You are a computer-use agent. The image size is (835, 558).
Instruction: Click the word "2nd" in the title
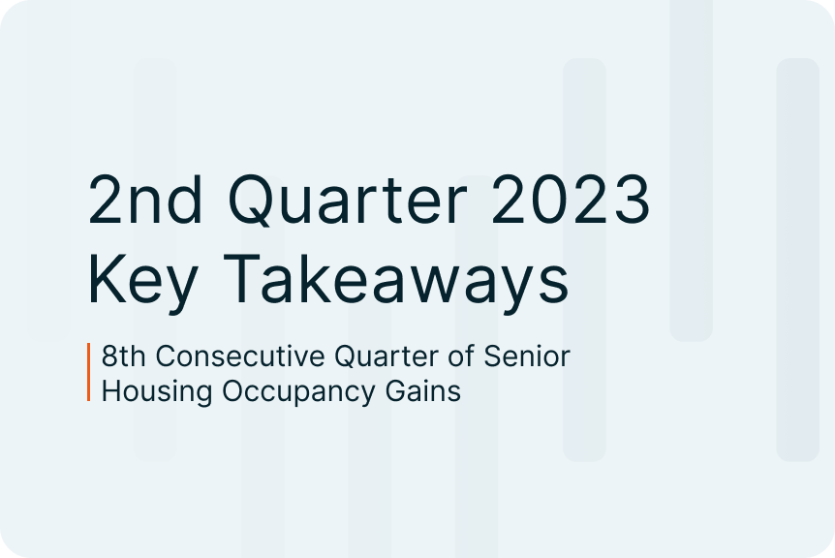[x=145, y=200]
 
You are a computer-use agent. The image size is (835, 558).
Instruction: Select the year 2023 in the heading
[x=571, y=200]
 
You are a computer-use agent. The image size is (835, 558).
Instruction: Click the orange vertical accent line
[x=89, y=372]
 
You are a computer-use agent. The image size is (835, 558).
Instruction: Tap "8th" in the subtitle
[x=124, y=356]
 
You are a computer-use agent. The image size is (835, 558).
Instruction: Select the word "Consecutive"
[x=240, y=356]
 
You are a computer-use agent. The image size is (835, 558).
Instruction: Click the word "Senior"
[x=527, y=356]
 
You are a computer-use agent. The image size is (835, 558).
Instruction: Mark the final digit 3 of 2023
[x=632, y=200]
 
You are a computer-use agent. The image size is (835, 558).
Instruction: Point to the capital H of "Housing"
[x=111, y=391]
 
